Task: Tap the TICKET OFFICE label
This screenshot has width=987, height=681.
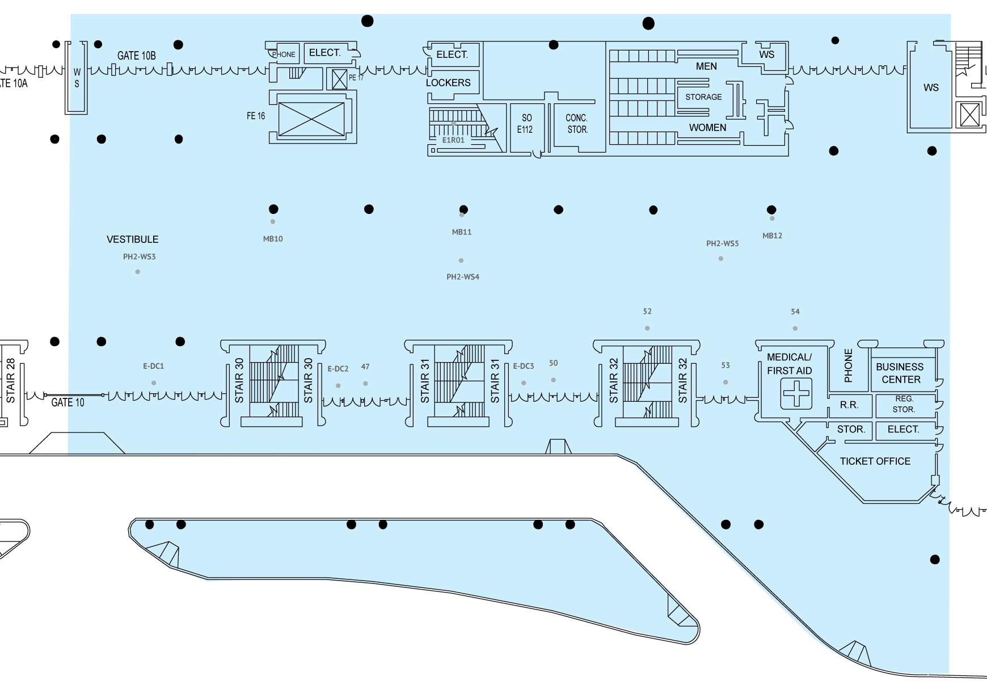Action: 875,461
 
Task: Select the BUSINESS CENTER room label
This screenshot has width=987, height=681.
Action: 900,373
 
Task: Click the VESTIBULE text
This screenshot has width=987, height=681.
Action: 133,239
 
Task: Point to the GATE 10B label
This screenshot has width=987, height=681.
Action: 136,56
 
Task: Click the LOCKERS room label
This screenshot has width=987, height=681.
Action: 448,83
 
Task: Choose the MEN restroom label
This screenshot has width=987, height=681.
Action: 706,66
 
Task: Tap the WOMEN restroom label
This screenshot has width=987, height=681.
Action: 707,128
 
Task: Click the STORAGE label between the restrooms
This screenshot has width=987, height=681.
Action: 703,97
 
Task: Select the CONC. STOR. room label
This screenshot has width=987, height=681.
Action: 577,124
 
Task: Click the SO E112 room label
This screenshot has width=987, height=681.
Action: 525,124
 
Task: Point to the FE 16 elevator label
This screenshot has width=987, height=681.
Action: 255,116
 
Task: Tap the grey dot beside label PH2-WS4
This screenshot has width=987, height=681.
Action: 461,260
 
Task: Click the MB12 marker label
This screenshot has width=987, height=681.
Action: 772,236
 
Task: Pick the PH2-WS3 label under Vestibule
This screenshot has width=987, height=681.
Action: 139,257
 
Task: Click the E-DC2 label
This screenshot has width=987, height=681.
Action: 338,369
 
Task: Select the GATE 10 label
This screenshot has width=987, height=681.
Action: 68,403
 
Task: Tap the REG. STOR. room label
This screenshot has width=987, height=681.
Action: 904,404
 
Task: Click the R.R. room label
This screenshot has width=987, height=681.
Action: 849,405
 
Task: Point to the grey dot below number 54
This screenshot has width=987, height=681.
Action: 795,329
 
